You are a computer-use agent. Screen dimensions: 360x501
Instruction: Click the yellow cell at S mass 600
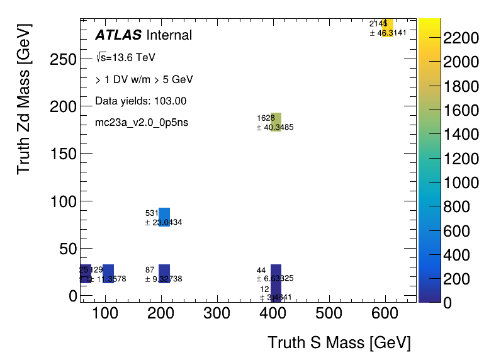[x=388, y=28]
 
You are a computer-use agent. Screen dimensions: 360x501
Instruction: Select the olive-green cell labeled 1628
[x=276, y=122]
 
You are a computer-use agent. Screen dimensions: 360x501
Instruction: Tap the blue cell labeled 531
[x=164, y=217]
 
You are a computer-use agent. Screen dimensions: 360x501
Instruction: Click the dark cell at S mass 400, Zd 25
[x=276, y=273]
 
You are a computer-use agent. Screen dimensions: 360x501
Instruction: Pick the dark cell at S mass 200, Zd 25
[x=164, y=273]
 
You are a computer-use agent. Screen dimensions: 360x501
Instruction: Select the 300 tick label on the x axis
[x=220, y=313]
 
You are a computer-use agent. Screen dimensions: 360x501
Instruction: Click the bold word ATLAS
[x=118, y=35]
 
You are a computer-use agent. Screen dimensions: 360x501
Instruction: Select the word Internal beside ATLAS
[x=169, y=35]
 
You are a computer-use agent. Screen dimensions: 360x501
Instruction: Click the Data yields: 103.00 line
[x=140, y=101]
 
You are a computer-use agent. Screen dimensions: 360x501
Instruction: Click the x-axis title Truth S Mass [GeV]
[x=339, y=343]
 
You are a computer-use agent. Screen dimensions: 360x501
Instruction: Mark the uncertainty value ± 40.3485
[x=275, y=127]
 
